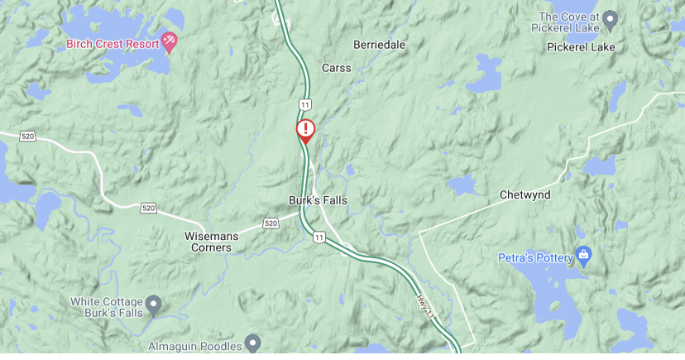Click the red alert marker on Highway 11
click(306, 130)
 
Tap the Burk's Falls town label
click(318, 200)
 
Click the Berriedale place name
click(380, 45)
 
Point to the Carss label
click(336, 68)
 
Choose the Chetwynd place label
click(525, 195)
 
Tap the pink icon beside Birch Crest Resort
click(170, 40)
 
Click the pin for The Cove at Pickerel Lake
click(611, 17)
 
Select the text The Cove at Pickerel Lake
click(568, 22)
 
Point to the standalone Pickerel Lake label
click(581, 47)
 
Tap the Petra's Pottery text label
click(536, 258)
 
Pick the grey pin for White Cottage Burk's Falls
click(154, 305)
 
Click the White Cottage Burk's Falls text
click(108, 307)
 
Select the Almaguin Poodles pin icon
click(253, 343)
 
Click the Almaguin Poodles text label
click(195, 346)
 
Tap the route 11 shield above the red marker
click(305, 104)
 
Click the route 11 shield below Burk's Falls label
click(319, 238)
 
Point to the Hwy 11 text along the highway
click(424, 305)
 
